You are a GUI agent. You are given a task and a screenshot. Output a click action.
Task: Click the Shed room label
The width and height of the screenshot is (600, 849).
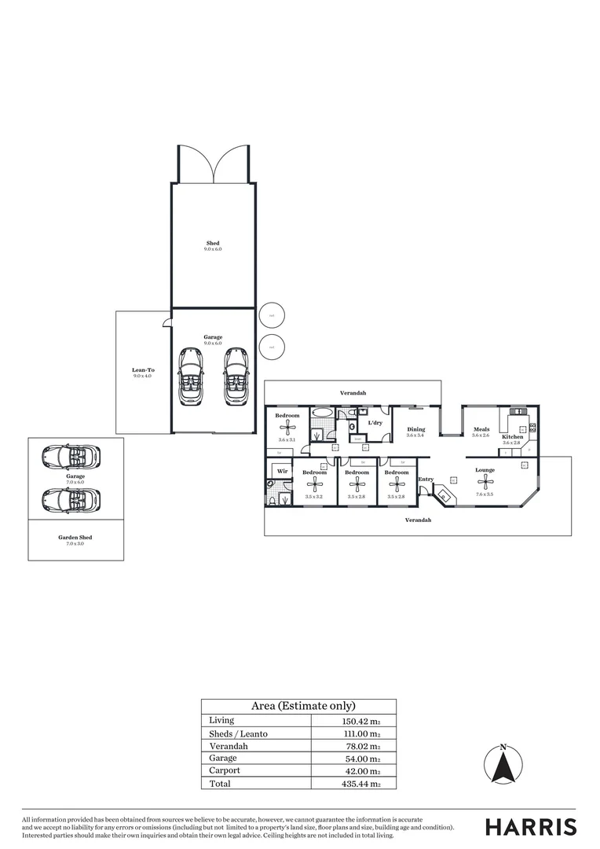point(213,244)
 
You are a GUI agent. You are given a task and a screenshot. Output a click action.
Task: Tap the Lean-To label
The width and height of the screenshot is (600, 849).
point(142,369)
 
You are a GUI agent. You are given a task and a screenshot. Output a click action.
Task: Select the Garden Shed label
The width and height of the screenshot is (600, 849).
point(75,538)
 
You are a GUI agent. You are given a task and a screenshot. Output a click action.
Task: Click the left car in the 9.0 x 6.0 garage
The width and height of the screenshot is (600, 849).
point(190,377)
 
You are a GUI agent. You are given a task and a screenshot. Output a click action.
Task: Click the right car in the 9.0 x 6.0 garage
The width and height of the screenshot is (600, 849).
point(236,377)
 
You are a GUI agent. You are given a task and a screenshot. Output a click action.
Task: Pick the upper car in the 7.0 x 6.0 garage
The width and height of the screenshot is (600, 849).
point(71,456)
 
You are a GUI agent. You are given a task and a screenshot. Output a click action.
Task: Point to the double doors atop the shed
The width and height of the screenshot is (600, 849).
point(213,164)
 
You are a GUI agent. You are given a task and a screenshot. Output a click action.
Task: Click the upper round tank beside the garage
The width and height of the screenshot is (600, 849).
point(272,315)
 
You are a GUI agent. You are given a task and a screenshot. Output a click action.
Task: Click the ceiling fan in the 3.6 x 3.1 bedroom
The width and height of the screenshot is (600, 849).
point(287,428)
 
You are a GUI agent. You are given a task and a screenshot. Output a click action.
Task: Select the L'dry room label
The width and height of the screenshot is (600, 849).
point(375,423)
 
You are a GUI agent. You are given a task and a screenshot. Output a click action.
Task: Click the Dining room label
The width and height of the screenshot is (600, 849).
point(415,429)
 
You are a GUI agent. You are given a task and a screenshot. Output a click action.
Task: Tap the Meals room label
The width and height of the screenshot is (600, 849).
point(481,429)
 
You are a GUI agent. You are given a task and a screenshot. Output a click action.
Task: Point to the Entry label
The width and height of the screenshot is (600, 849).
point(426,479)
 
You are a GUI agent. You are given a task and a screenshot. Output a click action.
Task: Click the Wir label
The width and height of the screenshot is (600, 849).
point(281,472)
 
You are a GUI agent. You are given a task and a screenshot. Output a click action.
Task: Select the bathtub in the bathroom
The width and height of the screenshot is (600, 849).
point(323,412)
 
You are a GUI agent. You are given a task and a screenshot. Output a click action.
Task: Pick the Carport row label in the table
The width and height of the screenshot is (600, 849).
point(225,770)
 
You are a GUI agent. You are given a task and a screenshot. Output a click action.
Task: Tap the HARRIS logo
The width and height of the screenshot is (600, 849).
point(530,826)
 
